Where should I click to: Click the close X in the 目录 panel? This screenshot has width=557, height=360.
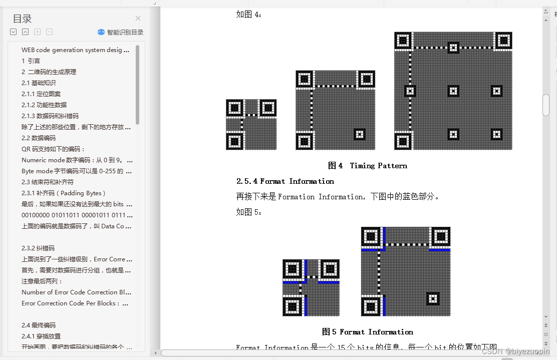pyautogui.click(x=138, y=19)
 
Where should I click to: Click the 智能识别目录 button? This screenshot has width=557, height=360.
pyautogui.click(x=121, y=32)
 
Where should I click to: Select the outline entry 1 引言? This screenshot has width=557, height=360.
pyautogui.click(x=31, y=61)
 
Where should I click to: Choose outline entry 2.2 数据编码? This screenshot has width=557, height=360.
pyautogui.click(x=39, y=138)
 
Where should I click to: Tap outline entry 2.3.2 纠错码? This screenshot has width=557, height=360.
pyautogui.click(x=38, y=248)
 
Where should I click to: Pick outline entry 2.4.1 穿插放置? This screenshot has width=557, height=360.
pyautogui.click(x=41, y=336)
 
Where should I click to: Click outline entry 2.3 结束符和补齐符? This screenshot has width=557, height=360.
pyautogui.click(x=48, y=182)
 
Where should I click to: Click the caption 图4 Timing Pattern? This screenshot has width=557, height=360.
pyautogui.click(x=367, y=166)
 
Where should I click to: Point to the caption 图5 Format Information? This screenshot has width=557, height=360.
pyautogui.click(x=367, y=332)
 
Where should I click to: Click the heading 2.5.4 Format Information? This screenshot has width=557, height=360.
pyautogui.click(x=285, y=181)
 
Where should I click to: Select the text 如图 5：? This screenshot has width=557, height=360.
pyautogui.click(x=249, y=212)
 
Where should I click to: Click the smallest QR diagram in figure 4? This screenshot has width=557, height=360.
pyautogui.click(x=251, y=125)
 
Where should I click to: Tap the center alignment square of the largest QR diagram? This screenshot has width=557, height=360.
pyautogui.click(x=453, y=91)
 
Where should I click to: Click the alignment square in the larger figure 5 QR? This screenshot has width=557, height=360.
pyautogui.click(x=432, y=298)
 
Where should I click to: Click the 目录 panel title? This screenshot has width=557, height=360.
pyautogui.click(x=22, y=19)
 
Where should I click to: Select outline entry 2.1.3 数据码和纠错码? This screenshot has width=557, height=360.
pyautogui.click(x=50, y=116)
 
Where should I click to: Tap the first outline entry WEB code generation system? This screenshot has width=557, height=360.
pyautogui.click(x=75, y=50)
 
